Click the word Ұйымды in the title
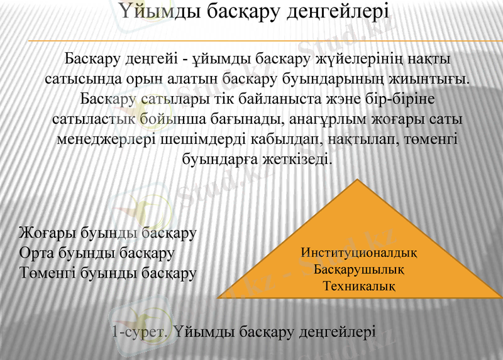click(155, 13)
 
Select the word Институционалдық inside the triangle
click(359, 253)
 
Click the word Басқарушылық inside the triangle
click(359, 270)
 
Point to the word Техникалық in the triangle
click(359, 286)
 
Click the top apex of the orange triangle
click(358, 181)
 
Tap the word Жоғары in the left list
click(48, 234)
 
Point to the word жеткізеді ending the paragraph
click(296, 160)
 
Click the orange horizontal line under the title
click(264, 41)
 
